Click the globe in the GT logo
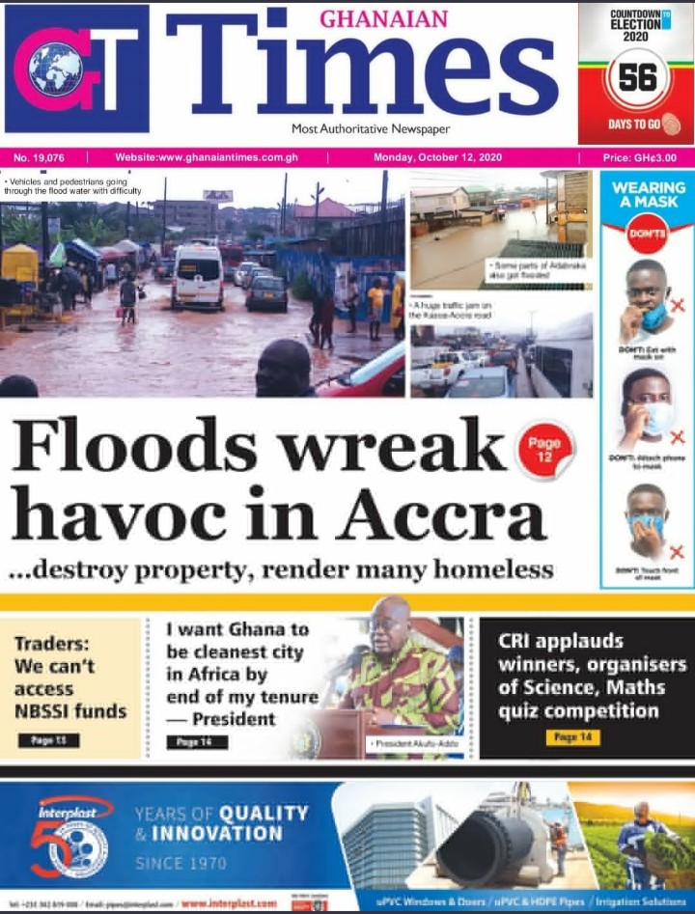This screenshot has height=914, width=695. click(x=55, y=69)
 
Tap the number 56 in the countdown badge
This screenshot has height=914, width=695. click(x=637, y=77)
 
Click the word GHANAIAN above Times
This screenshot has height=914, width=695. click(x=383, y=18)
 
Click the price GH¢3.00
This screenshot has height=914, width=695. click(x=639, y=157)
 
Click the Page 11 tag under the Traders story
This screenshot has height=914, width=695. click(x=48, y=740)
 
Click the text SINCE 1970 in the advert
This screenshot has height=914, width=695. click(x=181, y=862)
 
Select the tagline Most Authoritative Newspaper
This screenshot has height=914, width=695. click(x=371, y=128)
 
